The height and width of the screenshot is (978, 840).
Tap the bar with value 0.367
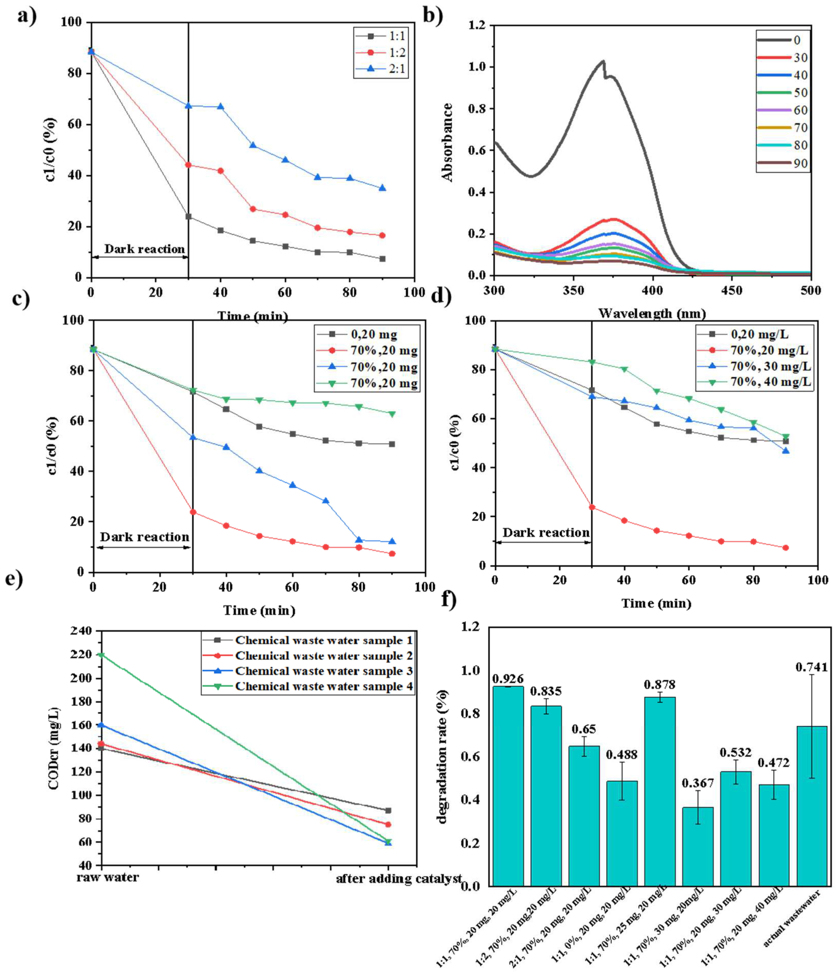point(697,848)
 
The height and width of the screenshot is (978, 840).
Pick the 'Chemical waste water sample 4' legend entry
point(324,686)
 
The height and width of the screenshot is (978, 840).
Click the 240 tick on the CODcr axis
point(81,631)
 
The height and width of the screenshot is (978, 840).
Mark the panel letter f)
point(449,599)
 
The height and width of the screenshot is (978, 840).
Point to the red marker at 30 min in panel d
point(592,507)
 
